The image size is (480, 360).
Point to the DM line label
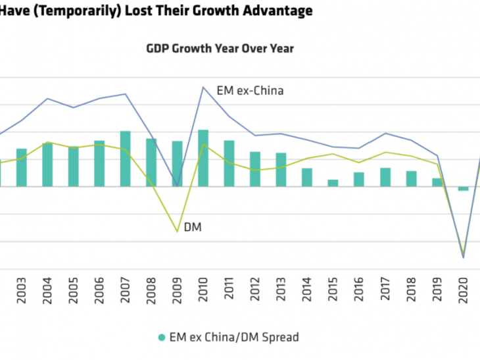tap(192, 228)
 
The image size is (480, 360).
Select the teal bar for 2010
tap(203, 158)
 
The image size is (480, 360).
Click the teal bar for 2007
tap(125, 159)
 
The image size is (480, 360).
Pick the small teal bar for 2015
tap(333, 183)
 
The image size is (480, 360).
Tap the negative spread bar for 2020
tap(464, 189)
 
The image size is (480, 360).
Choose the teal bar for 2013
tap(281, 169)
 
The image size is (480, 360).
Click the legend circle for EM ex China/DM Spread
tap(162, 338)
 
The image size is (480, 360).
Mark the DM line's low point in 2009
tap(177, 232)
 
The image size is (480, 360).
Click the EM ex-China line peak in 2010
tap(203, 87)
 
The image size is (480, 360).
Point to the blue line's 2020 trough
tap(463, 257)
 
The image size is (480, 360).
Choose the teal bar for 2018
tap(411, 178)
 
